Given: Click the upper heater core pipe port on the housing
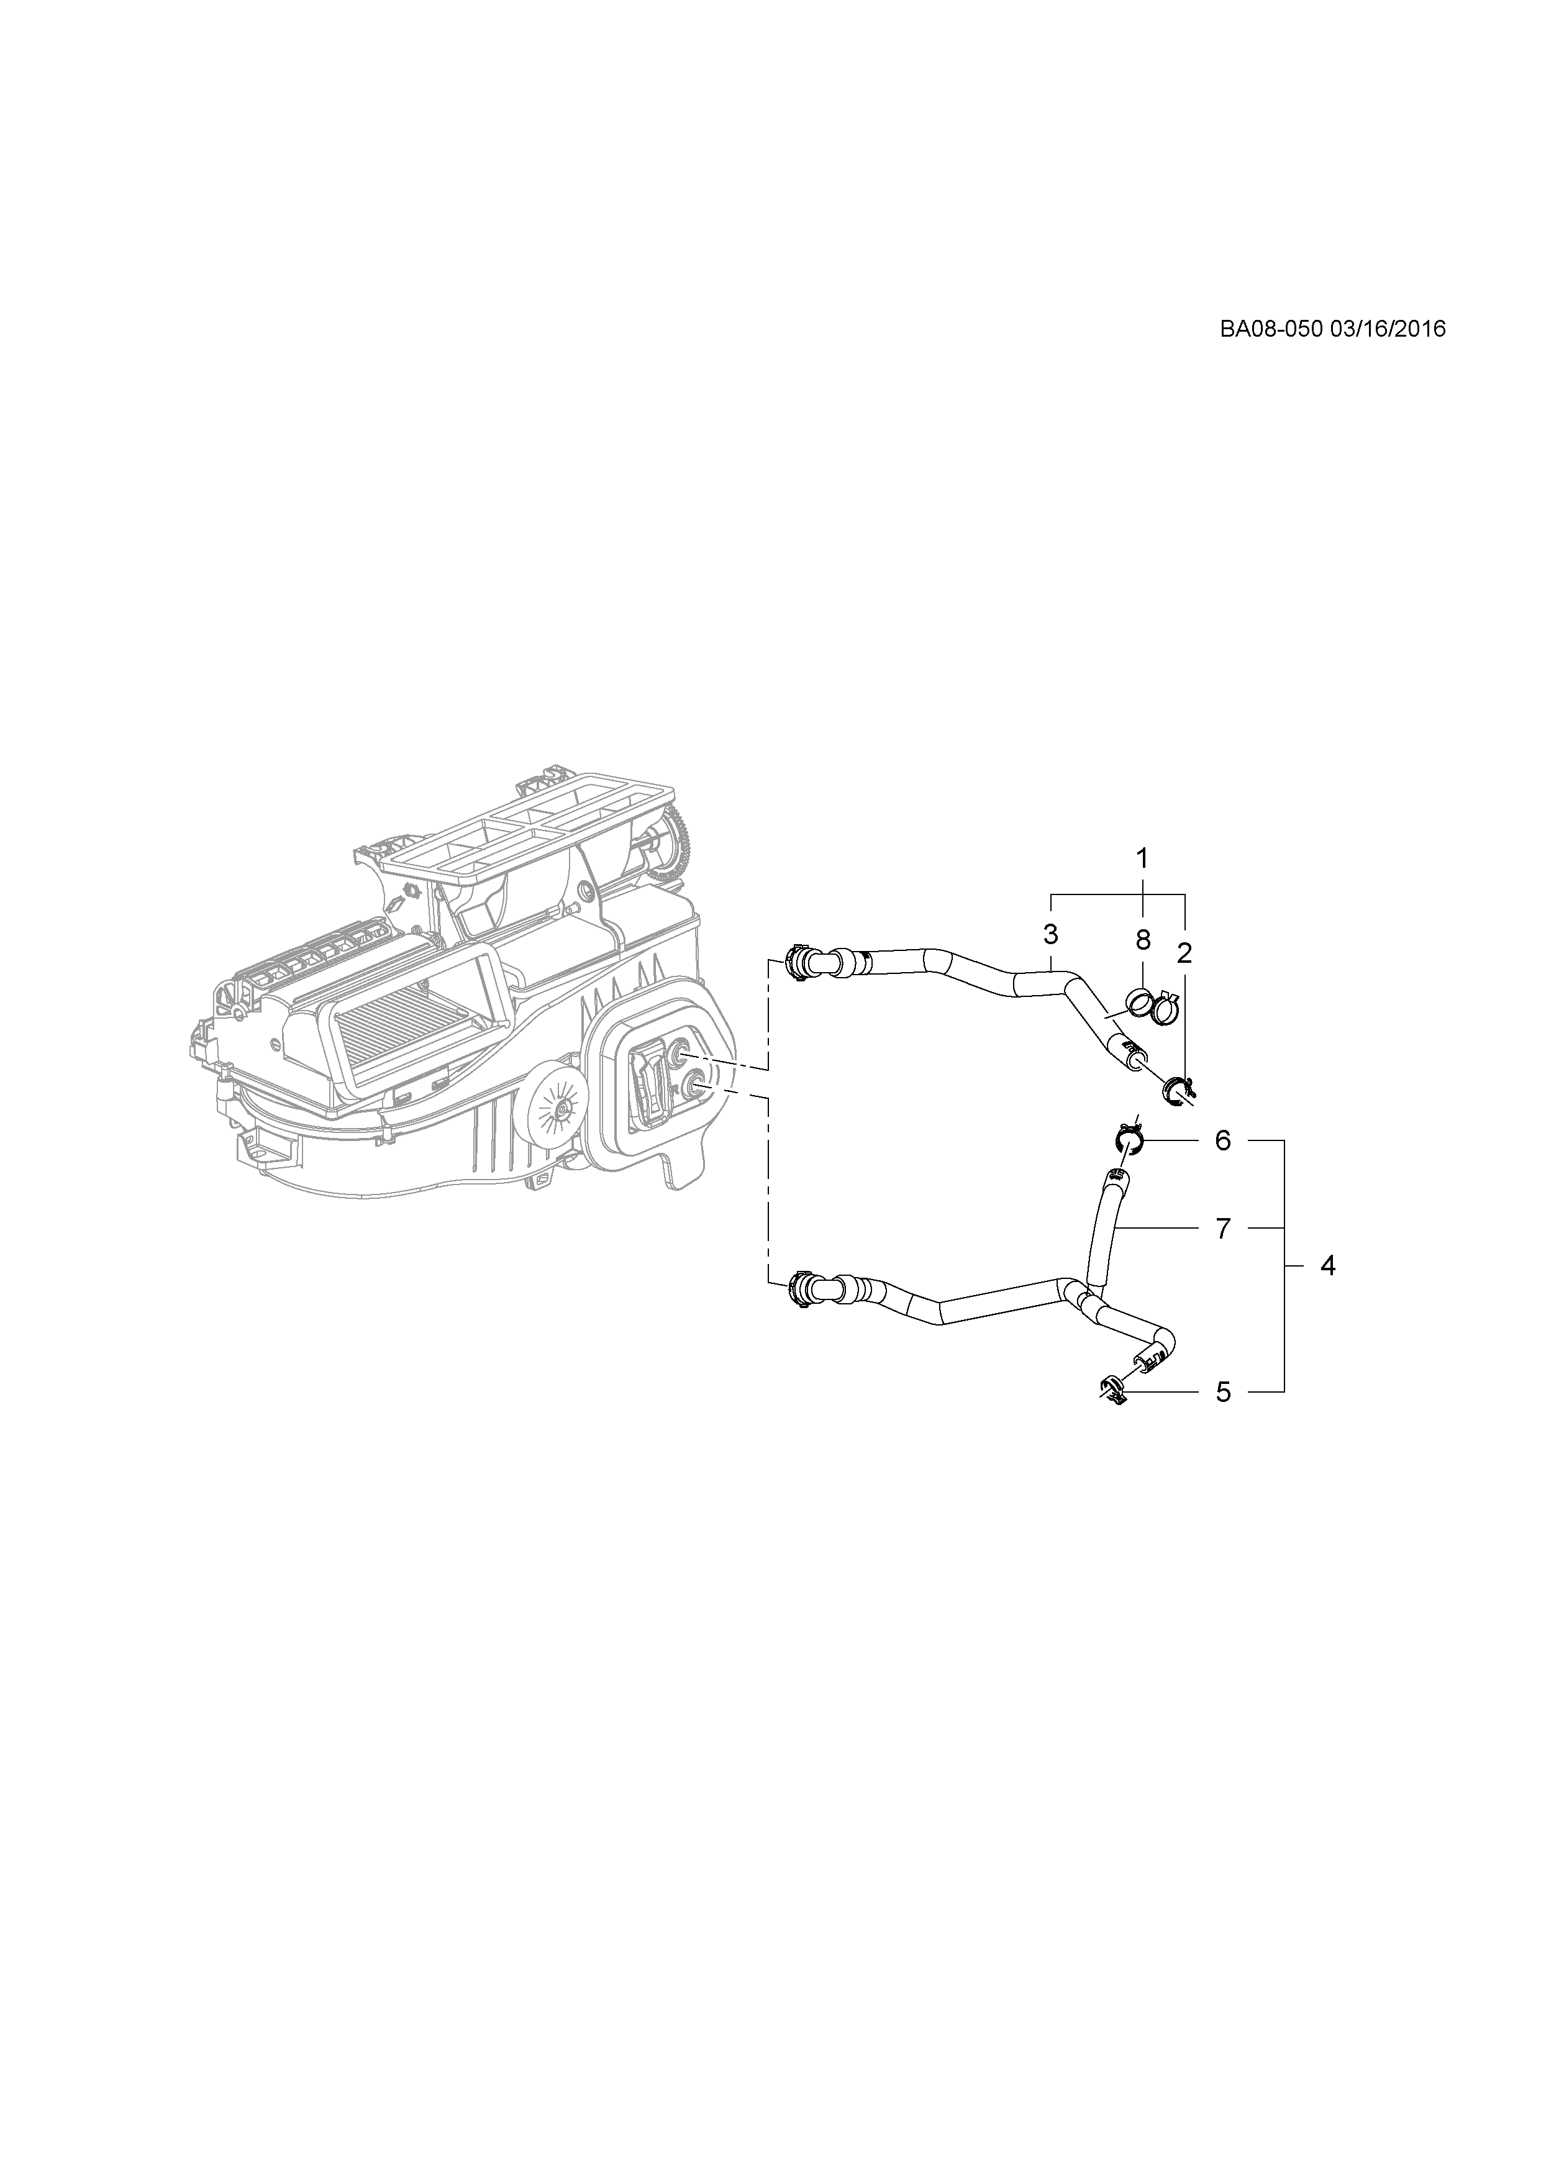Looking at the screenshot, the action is pyautogui.click(x=680, y=1052).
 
